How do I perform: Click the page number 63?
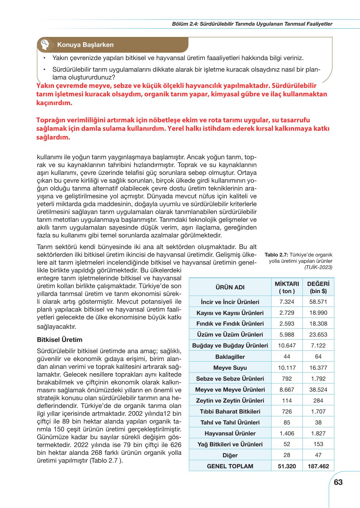click(x=338, y=482)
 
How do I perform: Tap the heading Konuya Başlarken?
click(x=85, y=45)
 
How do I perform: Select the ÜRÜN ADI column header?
click(x=230, y=287)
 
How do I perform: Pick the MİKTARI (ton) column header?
click(x=287, y=287)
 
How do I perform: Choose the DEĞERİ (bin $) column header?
click(x=318, y=287)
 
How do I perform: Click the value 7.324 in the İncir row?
click(x=287, y=302)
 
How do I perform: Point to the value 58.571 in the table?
click(x=318, y=302)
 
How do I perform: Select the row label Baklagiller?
click(x=230, y=357)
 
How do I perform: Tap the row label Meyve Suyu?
click(x=230, y=368)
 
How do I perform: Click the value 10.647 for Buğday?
click(x=287, y=346)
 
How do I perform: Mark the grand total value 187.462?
click(x=318, y=466)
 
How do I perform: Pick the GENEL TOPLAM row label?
click(x=230, y=466)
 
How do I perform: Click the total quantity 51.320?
click(x=287, y=466)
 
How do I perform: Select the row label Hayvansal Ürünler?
click(x=230, y=433)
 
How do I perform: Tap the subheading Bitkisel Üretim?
click(x=59, y=339)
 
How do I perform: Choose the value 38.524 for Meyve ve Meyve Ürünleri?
click(x=318, y=389)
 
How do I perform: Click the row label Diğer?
click(x=230, y=455)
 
